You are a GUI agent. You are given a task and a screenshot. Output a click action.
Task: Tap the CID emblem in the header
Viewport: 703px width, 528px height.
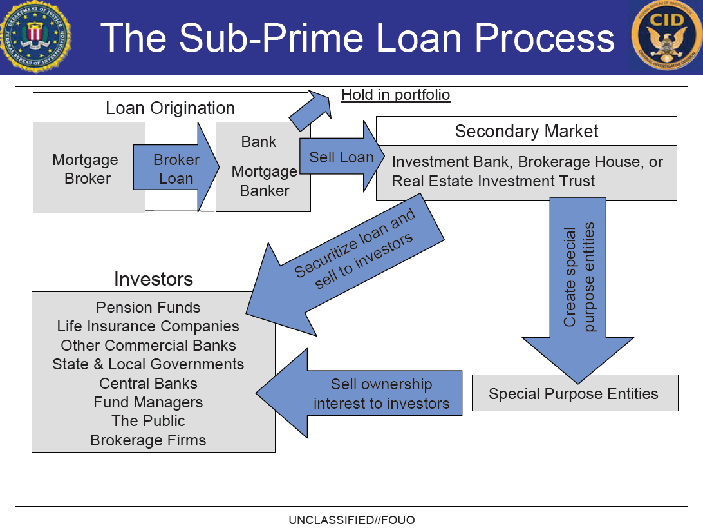coord(667,37)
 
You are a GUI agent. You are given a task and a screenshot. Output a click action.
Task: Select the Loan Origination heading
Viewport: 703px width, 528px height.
coord(171,108)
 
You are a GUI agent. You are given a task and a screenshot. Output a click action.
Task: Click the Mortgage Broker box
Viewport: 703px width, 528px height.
coord(89,168)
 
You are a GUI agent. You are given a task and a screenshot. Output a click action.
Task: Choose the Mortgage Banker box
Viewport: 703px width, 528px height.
coord(263,185)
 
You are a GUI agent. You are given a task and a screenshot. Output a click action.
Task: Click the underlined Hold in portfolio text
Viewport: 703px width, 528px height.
coord(395,95)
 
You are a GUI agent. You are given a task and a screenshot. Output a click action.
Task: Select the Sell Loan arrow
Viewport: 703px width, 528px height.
coord(342,156)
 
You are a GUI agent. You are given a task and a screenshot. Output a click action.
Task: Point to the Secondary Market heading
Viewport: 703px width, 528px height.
coord(527,131)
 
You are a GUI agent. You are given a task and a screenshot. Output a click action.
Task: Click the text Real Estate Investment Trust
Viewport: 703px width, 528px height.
coord(493,181)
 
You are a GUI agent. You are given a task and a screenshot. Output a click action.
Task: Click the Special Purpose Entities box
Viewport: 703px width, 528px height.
coord(576,393)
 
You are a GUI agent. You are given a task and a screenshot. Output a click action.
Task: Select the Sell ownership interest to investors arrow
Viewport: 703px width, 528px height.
coord(359,393)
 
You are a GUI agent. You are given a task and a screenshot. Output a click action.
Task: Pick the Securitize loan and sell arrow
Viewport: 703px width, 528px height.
coord(345,266)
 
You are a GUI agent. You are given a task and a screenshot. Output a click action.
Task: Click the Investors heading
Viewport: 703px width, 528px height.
coord(153,279)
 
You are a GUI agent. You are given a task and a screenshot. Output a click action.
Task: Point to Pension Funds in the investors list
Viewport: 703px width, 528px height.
coord(148,308)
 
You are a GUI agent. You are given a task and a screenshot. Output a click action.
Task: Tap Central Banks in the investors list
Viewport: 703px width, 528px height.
coord(148,384)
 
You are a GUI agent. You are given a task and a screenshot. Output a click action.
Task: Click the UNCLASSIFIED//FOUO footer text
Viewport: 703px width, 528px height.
coord(351,520)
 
